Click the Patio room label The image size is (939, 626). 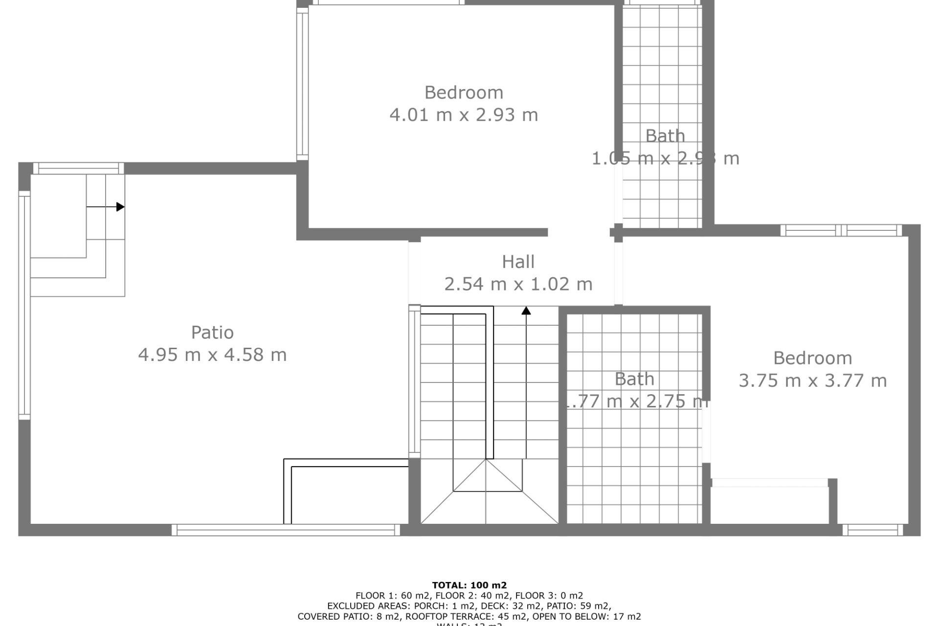tap(212, 333)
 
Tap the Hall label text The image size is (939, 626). tap(518, 262)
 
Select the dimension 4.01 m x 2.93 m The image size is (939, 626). tap(464, 115)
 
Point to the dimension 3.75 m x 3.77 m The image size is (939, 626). tap(812, 380)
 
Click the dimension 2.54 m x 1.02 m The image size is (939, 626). tap(518, 284)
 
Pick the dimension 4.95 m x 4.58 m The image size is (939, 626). tap(212, 355)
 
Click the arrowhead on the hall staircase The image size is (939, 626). tap(526, 311)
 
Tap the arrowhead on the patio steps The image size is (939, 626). tap(120, 207)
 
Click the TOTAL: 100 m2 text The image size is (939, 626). tap(469, 585)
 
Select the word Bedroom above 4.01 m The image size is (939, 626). tap(464, 92)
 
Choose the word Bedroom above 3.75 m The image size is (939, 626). tap(812, 358)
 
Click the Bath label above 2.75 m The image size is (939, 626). tap(634, 379)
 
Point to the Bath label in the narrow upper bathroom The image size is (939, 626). tap(665, 136)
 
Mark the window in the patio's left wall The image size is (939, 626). tap(24, 305)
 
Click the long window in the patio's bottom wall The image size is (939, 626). tap(286, 530)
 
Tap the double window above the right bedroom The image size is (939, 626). tap(841, 230)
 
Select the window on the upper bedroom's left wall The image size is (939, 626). tap(302, 83)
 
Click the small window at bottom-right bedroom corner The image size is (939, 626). tap(872, 530)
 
